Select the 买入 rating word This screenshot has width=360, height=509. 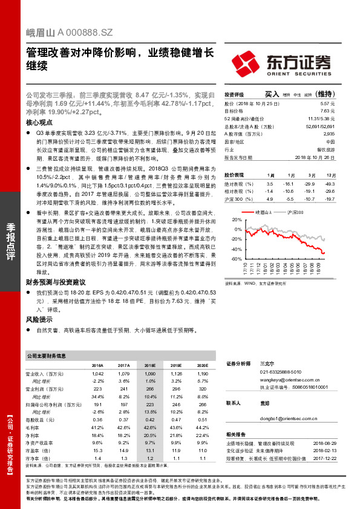coord(272,95)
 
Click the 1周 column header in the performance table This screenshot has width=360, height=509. coord(270,175)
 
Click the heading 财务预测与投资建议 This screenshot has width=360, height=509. coord(55,282)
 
